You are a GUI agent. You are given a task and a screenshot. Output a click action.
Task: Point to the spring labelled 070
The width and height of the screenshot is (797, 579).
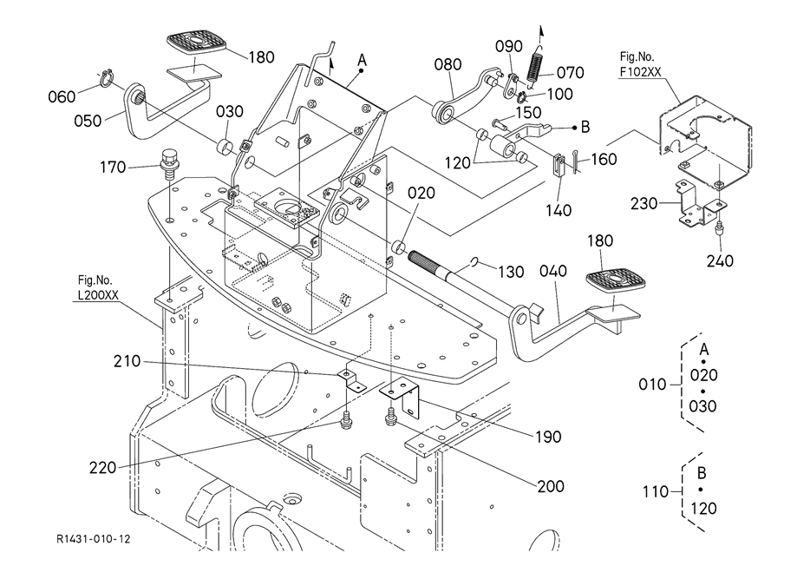tap(536, 64)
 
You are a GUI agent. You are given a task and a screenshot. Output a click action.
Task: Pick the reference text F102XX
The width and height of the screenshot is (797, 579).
tap(644, 72)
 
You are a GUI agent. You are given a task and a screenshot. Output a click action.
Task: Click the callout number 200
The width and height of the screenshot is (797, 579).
tap(551, 485)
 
